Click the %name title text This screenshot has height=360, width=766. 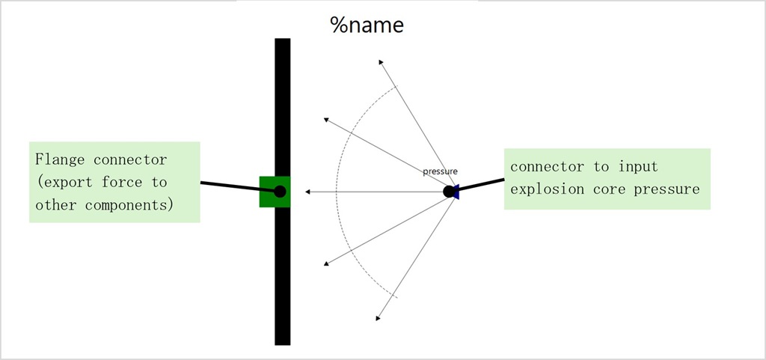click(367, 25)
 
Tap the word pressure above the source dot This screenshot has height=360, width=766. click(440, 171)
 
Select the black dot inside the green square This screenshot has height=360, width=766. click(280, 192)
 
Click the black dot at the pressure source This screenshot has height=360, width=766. click(449, 192)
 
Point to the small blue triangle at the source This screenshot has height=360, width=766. click(456, 192)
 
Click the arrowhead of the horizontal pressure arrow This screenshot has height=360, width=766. click(307, 192)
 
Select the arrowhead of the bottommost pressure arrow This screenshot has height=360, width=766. click(379, 318)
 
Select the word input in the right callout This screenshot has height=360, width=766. click(638, 166)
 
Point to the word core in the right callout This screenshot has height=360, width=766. click(612, 189)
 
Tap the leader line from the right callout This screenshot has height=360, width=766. click(482, 184)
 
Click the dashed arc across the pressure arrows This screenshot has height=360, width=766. click(337, 192)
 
